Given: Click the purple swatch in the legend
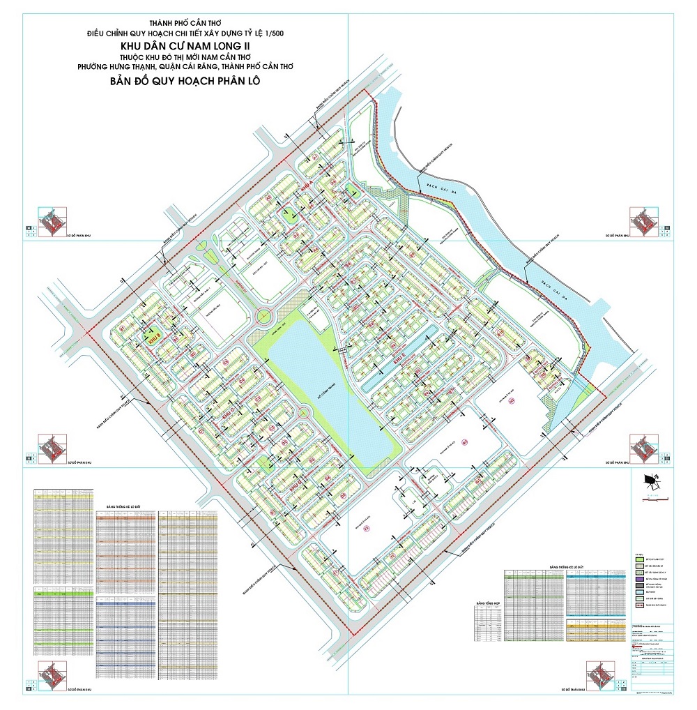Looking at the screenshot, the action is [x=639, y=578].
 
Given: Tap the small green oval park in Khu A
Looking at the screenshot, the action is [x=289, y=216].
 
